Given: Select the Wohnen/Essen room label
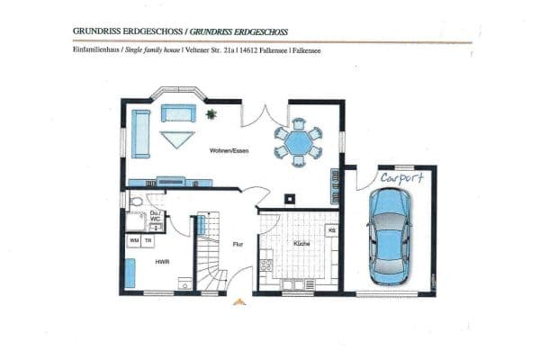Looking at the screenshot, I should [229, 150].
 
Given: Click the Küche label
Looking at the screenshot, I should [301, 243].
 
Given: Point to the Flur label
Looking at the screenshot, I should [238, 244].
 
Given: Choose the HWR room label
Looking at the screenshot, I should [162, 262].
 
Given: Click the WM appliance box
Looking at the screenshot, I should [134, 241].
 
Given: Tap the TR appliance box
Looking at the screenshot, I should [148, 241].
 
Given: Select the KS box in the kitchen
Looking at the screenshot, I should [331, 231].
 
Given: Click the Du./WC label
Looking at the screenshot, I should [156, 215].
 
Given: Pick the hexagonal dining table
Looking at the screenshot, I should [297, 141].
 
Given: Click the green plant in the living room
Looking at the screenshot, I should [211, 114].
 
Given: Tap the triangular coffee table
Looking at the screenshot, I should [177, 139].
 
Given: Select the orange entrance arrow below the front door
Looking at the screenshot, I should [239, 302].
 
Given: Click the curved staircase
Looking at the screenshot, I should [211, 256].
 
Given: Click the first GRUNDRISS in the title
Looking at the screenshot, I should [95, 30].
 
